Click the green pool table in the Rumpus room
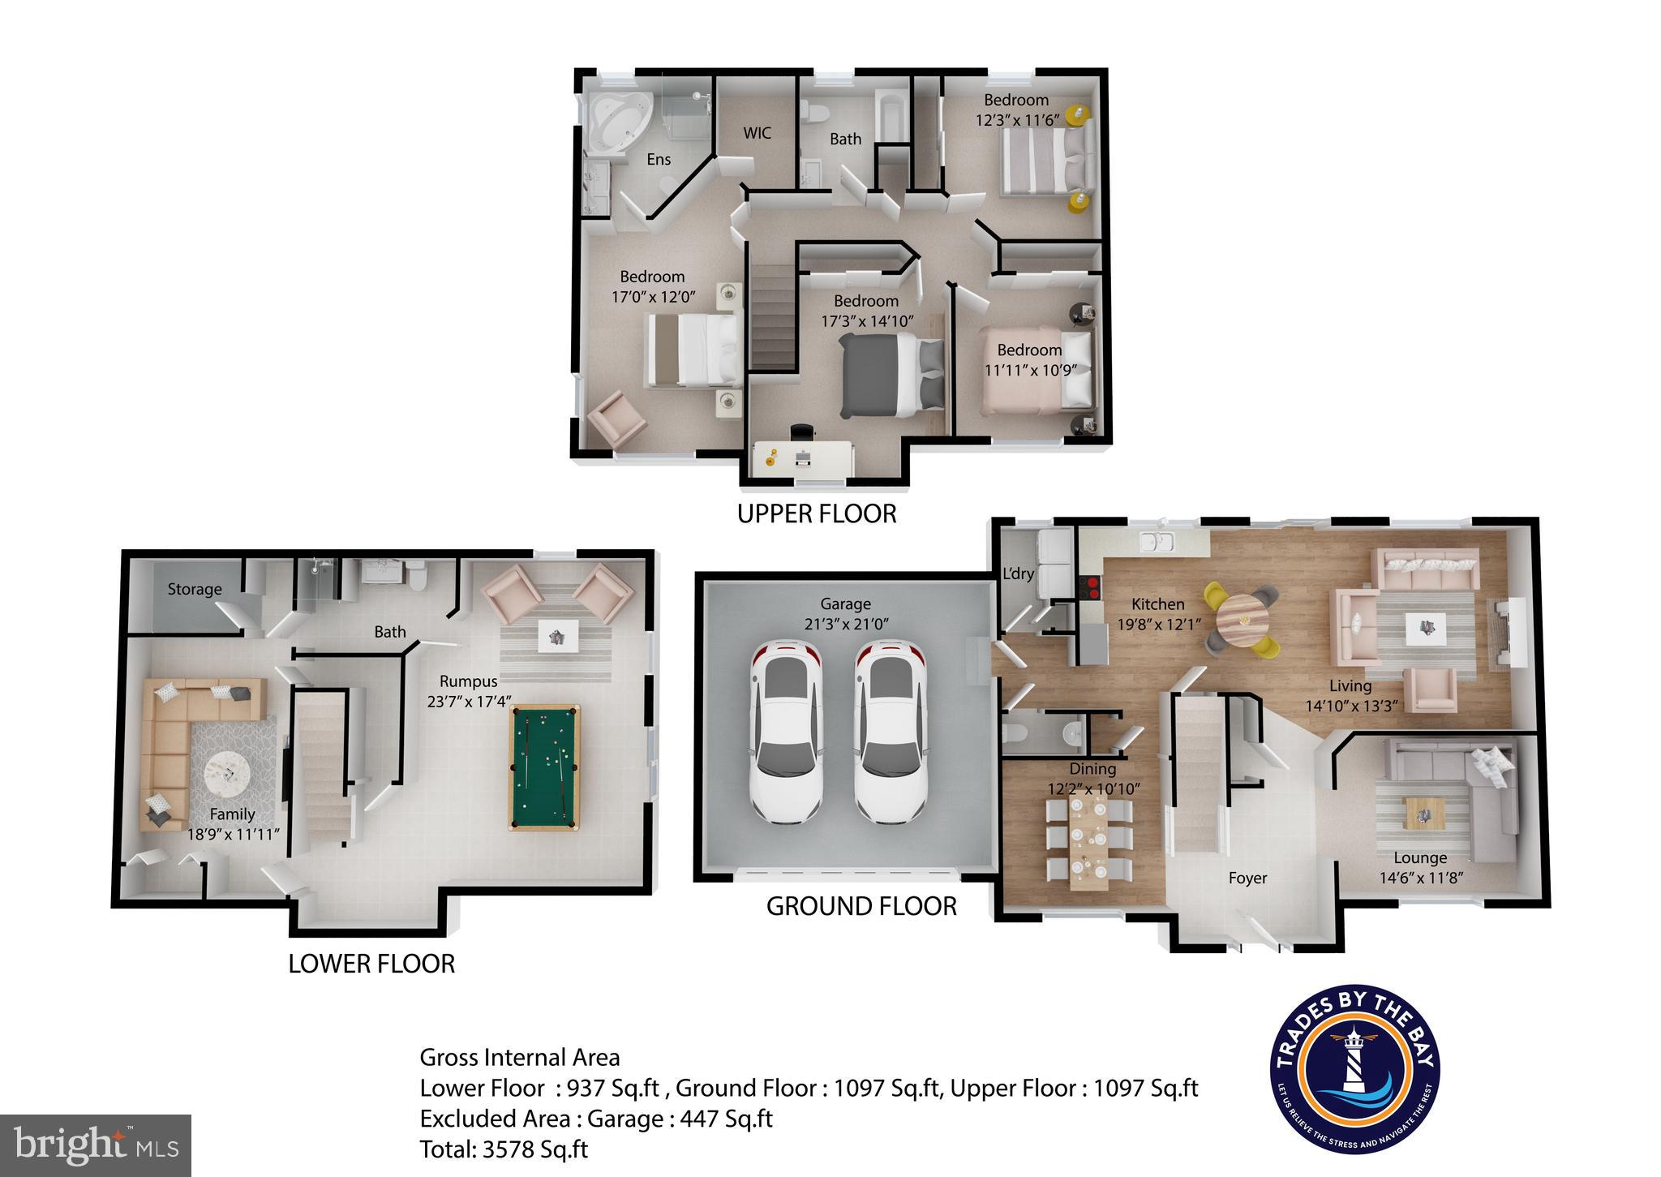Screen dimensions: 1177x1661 coord(545,767)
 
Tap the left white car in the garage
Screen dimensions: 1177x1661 coord(785,731)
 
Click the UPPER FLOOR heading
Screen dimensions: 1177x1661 coord(817,513)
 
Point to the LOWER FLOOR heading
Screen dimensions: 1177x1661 coord(371,964)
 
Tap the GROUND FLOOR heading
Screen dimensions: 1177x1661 coord(861,906)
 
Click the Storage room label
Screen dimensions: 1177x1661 coord(195,590)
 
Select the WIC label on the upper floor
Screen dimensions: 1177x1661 coord(758,133)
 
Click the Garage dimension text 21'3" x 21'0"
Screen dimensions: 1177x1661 coord(845,625)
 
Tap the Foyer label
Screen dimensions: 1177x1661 coord(1247,878)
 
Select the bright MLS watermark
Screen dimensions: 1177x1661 coord(96,1145)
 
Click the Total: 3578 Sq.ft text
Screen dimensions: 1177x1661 coord(504,1149)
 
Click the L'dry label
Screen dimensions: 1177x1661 coord(1018,573)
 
